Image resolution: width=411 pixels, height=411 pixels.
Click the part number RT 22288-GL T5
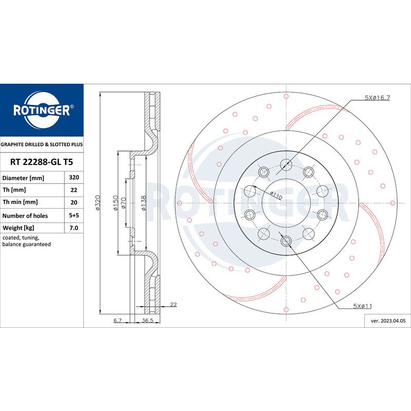[x=42, y=162]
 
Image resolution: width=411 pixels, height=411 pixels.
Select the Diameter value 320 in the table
[x=73, y=178]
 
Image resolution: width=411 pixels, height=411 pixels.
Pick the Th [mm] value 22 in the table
[x=73, y=191]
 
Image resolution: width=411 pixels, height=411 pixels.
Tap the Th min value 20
[x=73, y=203]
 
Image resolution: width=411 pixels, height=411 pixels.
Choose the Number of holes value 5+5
[x=73, y=216]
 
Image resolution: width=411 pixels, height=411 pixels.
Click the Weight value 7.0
[x=73, y=228]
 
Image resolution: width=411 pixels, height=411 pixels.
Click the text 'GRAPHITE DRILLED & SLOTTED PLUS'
[x=42, y=145]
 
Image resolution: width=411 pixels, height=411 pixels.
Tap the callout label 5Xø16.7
[x=378, y=97]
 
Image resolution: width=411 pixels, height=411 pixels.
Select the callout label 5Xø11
[x=362, y=306]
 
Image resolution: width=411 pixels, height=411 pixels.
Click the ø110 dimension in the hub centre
[x=277, y=195]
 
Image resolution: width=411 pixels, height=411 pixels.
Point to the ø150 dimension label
[x=116, y=201]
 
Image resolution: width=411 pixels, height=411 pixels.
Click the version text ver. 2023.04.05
[x=388, y=321]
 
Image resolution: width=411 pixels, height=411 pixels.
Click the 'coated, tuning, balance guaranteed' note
[x=27, y=241]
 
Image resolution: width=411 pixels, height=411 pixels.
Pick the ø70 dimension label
[x=124, y=206]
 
